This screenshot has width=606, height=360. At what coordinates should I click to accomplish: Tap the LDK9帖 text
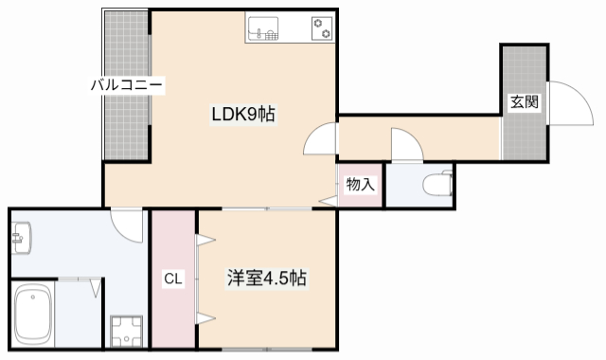tap(242, 115)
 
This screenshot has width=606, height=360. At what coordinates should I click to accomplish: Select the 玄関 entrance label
tap(525, 102)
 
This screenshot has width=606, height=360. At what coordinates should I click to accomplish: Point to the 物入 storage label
tap(360, 184)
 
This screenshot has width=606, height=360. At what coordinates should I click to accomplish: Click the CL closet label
tap(172, 279)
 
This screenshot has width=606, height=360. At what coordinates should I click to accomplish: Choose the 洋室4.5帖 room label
tap(266, 279)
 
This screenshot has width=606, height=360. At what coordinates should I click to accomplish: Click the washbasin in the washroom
tap(21, 236)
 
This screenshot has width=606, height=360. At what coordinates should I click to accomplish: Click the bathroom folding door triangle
tap(97, 287)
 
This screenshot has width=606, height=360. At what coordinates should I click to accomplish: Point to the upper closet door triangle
tap(203, 242)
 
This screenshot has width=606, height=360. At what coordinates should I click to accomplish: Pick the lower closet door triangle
tap(203, 317)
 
